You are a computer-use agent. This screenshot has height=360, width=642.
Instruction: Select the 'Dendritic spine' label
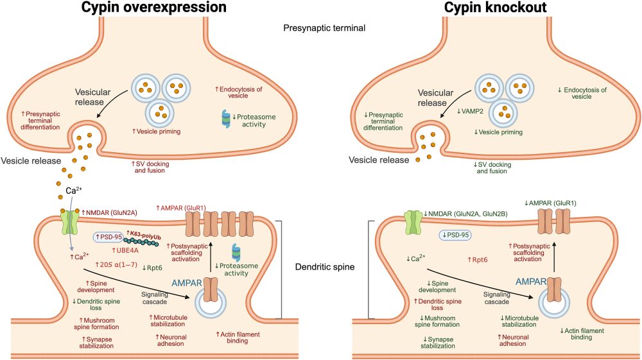pyautogui.click(x=323, y=267)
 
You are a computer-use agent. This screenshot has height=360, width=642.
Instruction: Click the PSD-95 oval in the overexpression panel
pyautogui.click(x=109, y=236)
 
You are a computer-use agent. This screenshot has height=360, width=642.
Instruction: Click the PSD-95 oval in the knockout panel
pyautogui.click(x=455, y=235)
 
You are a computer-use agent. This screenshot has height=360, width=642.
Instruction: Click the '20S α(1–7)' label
pyautogui.click(x=116, y=264)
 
